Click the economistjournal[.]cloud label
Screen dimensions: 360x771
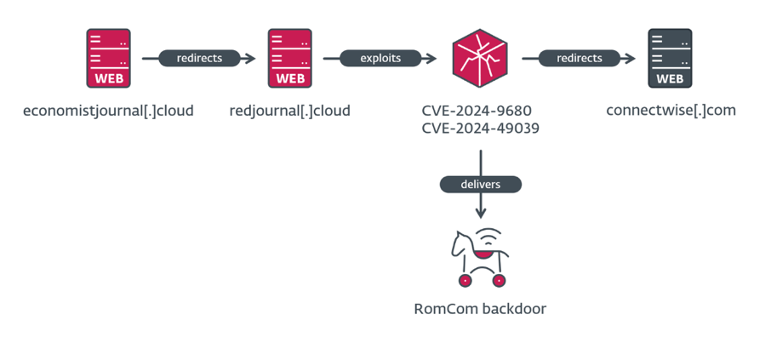click(108, 111)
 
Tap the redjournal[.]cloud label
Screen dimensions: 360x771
click(289, 111)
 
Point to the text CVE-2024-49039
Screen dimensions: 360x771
click(480, 129)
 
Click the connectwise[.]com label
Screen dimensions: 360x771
click(671, 111)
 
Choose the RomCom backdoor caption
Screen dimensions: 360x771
click(480, 309)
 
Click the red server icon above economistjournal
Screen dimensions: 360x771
click(108, 58)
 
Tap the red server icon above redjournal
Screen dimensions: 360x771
click(289, 58)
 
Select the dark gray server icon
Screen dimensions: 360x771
click(670, 58)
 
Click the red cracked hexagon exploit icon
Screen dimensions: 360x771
click(480, 58)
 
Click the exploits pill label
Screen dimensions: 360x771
click(382, 59)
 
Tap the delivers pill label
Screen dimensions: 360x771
click(480, 184)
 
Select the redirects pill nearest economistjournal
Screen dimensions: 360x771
click(199, 59)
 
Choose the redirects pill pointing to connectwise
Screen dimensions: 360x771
click(579, 59)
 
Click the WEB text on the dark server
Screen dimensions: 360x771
click(670, 79)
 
